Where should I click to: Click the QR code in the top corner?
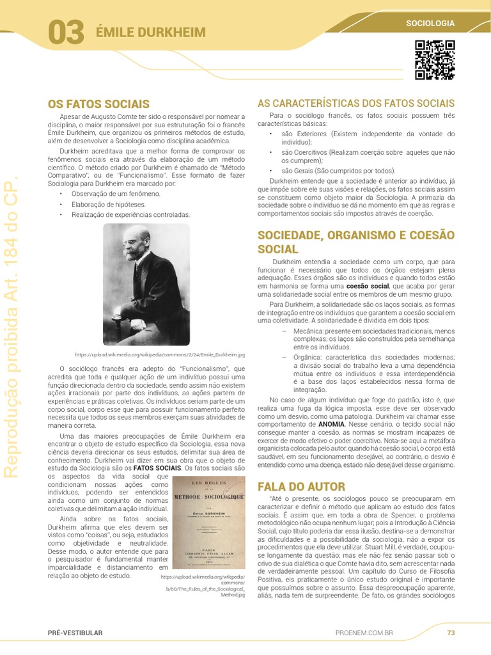click(435, 60)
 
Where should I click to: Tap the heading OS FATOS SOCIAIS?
click(98, 104)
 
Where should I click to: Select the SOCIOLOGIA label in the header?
click(430, 24)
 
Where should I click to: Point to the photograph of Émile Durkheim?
click(146, 284)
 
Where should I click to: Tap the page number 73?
click(451, 633)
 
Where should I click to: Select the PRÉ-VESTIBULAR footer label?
click(75, 633)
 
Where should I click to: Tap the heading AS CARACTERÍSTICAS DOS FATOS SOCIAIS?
click(355, 103)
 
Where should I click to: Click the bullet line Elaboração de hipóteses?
click(109, 204)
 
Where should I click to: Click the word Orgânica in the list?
click(308, 356)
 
